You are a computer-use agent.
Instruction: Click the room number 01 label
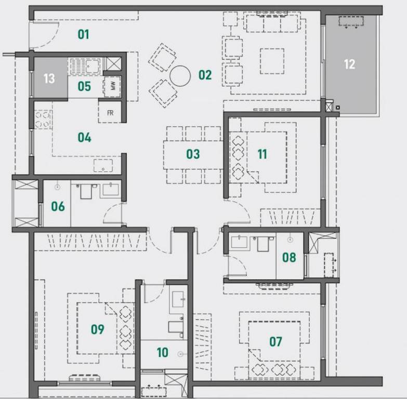pos(84,34)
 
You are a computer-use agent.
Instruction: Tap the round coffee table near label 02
pos(180,76)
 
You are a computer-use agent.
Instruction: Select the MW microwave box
pos(112,86)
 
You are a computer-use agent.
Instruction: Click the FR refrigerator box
pos(110,113)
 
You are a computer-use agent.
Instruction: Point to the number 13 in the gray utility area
pos(49,78)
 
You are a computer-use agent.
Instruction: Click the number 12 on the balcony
pos(350,64)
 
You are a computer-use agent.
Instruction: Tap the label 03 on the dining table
pos(193,154)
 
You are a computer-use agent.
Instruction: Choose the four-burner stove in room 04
pos(43,119)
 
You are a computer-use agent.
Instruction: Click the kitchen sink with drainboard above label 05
pos(85,66)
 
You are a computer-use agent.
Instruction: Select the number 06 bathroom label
pos(58,206)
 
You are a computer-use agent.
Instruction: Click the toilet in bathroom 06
pos(86,191)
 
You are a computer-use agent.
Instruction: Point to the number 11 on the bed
pos(262,154)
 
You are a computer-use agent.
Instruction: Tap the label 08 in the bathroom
pos(289,257)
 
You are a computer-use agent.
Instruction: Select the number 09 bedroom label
pos(98,329)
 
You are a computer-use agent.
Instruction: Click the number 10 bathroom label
pos(163,352)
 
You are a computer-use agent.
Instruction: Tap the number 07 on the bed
pos(275,342)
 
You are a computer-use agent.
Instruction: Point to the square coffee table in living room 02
pos(272,61)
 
